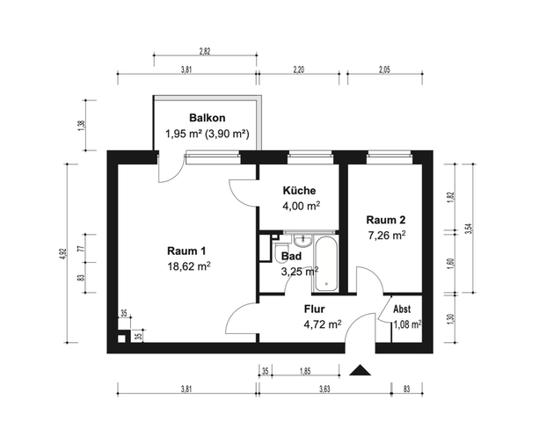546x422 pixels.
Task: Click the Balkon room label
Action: [207, 118]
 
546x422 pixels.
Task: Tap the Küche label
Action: [299, 191]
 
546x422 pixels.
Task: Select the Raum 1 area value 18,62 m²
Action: [189, 266]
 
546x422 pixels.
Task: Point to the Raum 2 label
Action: [386, 220]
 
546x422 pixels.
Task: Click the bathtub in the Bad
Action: [326, 264]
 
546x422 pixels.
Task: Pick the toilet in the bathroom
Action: [278, 253]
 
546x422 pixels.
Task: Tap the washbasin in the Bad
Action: [302, 240]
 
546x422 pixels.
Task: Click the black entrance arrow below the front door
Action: [360, 370]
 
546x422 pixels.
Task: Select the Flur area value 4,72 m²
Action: [323, 324]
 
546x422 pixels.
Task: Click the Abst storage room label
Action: [402, 309]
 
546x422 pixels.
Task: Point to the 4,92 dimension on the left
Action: [62, 253]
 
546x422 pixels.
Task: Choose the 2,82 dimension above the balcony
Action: [205, 51]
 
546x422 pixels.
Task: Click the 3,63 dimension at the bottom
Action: [324, 389]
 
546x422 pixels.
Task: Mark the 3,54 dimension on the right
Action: [470, 228]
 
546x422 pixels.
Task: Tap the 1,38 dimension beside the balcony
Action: [82, 125]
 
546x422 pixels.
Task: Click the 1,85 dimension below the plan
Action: [305, 371]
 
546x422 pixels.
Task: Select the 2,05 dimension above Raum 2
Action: [384, 69]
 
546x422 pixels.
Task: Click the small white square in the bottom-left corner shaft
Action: [121, 338]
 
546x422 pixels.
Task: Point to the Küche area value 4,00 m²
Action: [302, 206]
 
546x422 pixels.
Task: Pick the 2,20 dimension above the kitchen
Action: [299, 69]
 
